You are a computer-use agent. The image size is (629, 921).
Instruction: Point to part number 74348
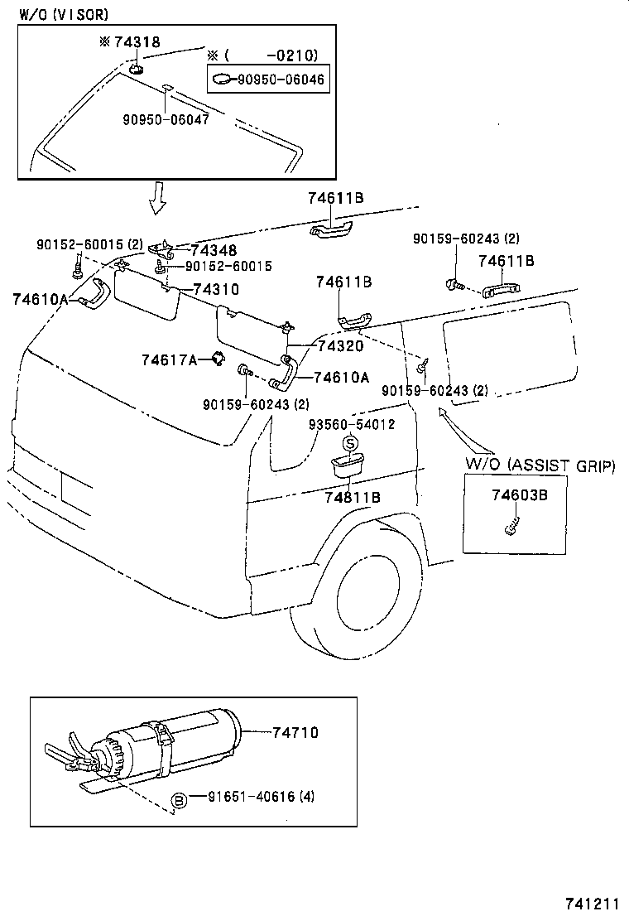coord(213,250)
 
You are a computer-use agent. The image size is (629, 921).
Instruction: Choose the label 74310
coord(216,289)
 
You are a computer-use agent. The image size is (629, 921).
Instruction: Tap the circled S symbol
coord(350,444)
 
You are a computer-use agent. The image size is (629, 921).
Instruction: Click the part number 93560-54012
coord(352,424)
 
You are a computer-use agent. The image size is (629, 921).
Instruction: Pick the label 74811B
coord(353,497)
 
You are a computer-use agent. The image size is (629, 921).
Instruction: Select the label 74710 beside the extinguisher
coord(293,733)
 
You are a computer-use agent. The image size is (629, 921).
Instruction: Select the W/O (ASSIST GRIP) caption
coord(540,465)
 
